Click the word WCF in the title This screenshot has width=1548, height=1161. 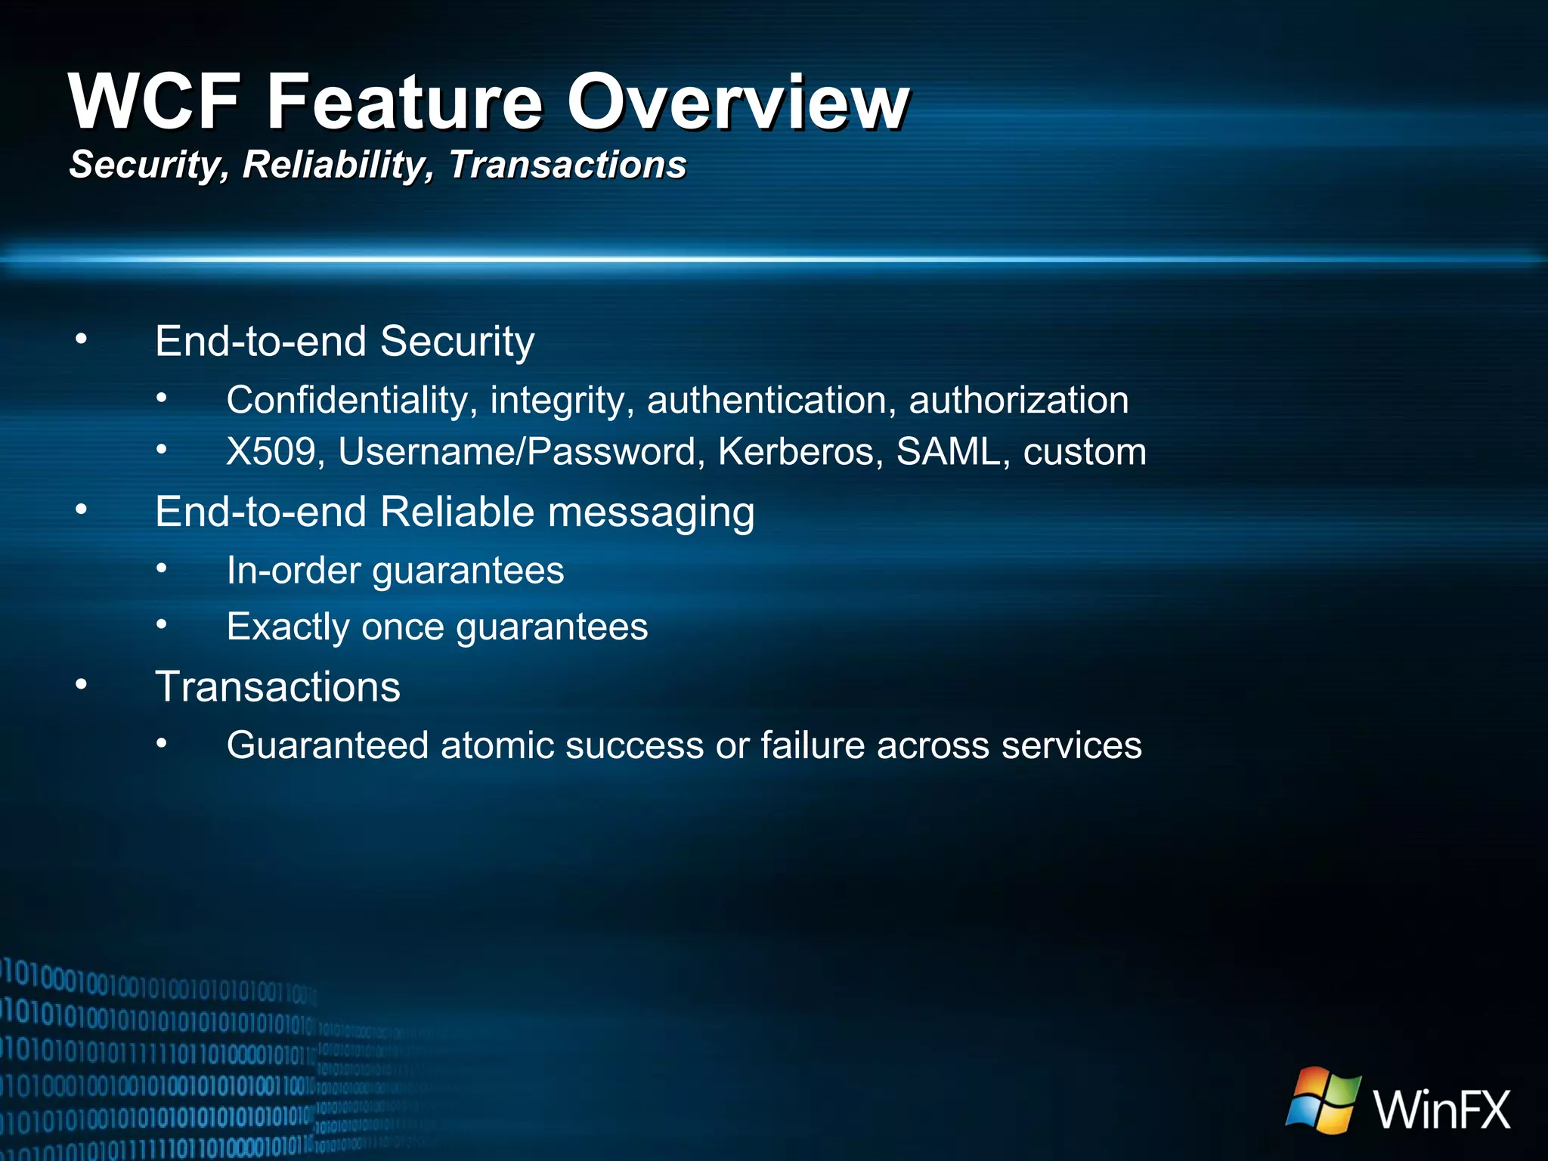[155, 101]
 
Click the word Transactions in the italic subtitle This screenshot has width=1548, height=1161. [568, 165]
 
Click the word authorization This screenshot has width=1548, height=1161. [1018, 400]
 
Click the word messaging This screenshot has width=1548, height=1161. [651, 513]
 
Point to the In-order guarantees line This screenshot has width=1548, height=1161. [395, 570]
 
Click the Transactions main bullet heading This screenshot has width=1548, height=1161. [277, 687]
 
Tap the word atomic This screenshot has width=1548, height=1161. [497, 745]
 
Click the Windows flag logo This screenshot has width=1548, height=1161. [1324, 1101]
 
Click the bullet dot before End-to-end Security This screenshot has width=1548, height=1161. [82, 340]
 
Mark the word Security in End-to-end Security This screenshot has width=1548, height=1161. [457, 342]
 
